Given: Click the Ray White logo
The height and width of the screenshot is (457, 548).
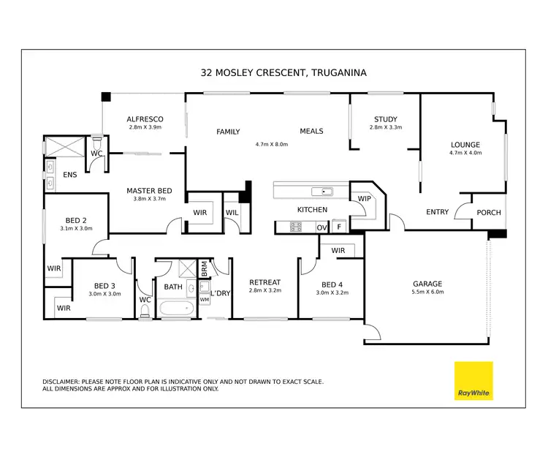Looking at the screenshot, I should [473, 380].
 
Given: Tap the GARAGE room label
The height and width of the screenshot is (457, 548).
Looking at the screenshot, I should [427, 284].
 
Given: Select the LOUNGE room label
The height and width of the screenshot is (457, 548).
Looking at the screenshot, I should [465, 145].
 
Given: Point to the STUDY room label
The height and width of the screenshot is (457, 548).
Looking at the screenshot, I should [385, 119].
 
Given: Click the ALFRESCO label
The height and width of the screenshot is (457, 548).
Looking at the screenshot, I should [144, 119].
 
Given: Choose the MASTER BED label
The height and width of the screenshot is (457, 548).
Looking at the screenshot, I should [149, 190].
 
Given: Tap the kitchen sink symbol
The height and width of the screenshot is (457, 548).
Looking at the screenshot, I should [322, 192].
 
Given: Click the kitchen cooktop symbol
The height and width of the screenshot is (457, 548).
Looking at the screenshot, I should [296, 227].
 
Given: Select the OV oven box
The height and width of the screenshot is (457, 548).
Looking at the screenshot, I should [321, 228].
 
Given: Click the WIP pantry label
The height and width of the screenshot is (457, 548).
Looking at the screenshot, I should [365, 198].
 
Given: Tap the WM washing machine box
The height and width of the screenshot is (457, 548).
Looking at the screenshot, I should [204, 300].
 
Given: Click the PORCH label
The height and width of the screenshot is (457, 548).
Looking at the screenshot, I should [489, 213].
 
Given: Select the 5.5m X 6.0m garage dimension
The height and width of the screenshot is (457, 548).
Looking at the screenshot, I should [427, 292].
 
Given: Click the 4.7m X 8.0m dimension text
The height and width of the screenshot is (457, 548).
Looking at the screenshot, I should [272, 144].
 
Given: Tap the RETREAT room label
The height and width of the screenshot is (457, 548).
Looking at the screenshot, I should [265, 282].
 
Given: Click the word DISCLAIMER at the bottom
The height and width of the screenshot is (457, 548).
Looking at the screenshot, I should [64, 382].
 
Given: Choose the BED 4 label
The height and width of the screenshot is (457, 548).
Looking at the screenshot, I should [332, 284].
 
